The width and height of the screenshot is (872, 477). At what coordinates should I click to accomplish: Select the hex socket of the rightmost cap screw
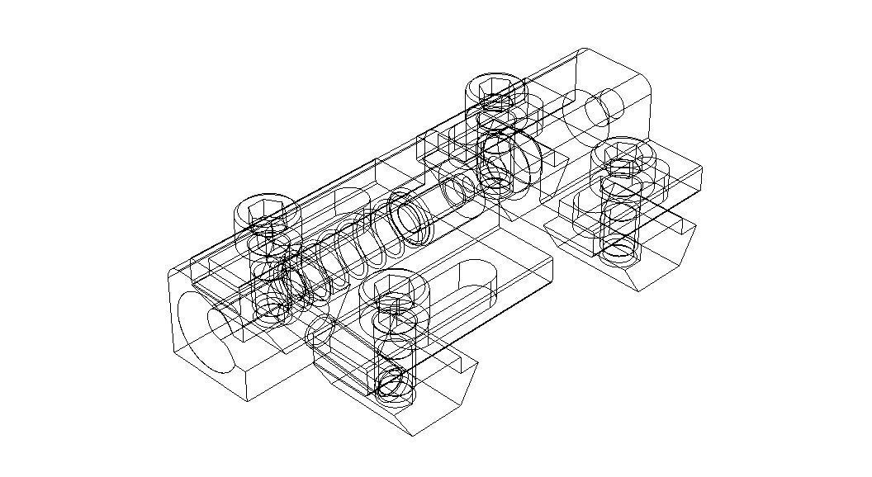coord(625,151)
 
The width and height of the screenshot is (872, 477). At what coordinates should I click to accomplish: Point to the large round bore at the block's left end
coord(206,330)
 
